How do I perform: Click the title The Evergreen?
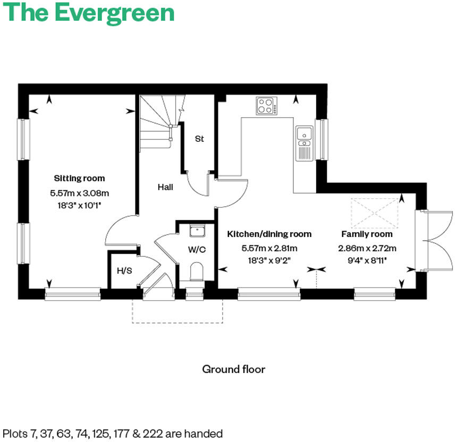pos(89,13)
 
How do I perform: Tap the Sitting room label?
pos(79,178)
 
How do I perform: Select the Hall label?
pos(165,188)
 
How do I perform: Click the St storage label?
pos(199,139)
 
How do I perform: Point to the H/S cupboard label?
pos(124,271)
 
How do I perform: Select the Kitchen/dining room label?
pos(269,234)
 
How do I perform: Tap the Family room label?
pos(367,234)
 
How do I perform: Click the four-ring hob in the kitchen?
pos(266,106)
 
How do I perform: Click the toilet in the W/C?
pos(197,271)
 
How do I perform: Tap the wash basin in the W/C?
pos(197,231)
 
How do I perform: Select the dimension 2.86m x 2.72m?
pos(367,248)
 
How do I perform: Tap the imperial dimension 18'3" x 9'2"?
pos(269,260)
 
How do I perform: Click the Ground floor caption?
pos(233,369)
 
